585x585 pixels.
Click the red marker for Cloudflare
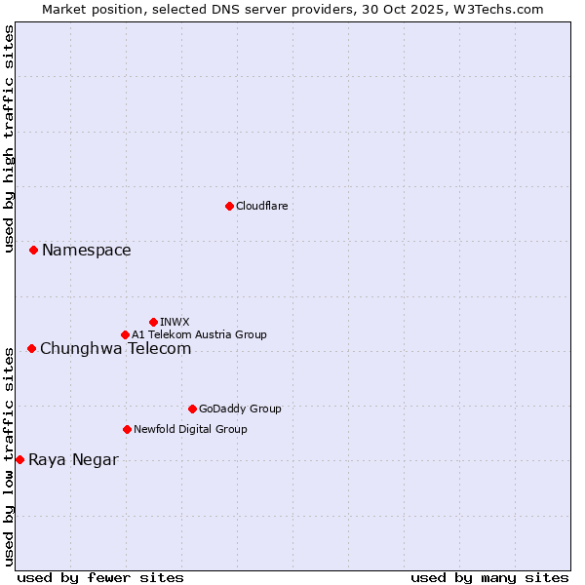229,206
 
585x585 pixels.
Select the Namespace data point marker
33,251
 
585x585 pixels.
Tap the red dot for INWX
153,322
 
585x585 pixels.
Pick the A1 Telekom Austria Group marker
125,334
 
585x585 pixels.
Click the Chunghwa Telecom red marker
31,348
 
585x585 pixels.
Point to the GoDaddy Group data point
192,409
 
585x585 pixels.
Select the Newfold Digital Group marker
127,429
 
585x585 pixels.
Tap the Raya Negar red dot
19,459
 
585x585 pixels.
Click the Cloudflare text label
262,206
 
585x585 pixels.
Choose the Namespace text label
87,251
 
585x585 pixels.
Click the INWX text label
175,322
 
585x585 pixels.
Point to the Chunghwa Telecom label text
115,348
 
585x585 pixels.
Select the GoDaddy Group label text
240,409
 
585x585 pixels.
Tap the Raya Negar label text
73,460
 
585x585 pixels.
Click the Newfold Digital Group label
190,429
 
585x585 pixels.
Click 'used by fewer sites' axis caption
100,577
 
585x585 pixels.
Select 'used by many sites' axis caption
489,577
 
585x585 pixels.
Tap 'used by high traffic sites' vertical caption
9,138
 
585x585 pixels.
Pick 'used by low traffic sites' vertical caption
9,455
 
